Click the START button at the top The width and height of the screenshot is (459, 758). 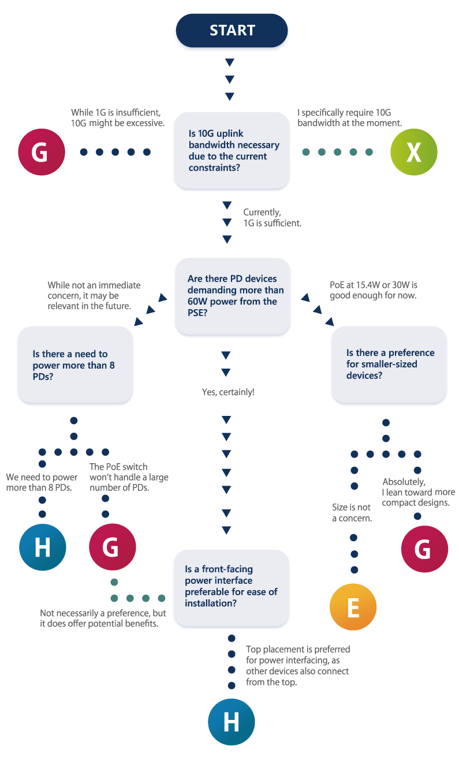232,31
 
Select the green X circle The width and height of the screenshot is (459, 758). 413,152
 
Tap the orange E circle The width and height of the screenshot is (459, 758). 353,607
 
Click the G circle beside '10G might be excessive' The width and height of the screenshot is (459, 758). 42,152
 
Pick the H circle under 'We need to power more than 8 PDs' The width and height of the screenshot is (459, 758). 42,547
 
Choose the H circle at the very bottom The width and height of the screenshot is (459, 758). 232,722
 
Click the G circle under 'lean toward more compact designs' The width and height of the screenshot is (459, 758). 424,549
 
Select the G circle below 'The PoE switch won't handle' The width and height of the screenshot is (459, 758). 113,547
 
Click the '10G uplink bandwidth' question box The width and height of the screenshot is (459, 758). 232,150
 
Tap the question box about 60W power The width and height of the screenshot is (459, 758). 233,296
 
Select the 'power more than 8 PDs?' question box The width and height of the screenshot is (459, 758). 75,365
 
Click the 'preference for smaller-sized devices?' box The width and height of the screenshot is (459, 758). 389,365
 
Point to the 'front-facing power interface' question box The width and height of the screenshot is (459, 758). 232,588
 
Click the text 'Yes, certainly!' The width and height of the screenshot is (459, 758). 228,392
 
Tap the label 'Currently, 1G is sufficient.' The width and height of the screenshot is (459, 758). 272,217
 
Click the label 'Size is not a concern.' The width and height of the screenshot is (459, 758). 352,512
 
